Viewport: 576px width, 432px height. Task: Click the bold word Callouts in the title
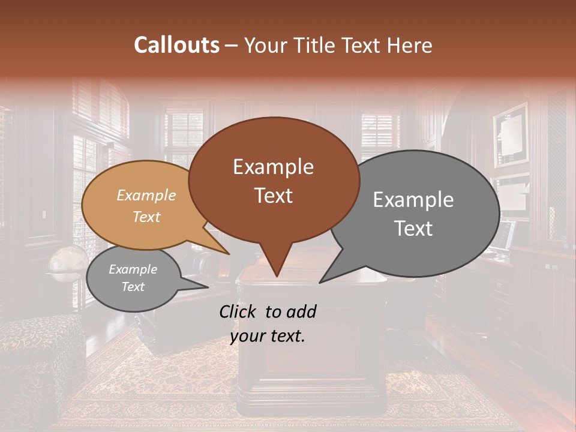[x=176, y=45]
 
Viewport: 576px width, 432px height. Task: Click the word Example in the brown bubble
[x=273, y=167]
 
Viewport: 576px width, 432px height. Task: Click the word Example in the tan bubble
[x=146, y=196]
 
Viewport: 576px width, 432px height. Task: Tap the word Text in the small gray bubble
[x=133, y=287]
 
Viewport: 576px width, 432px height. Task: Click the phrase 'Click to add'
[x=268, y=311]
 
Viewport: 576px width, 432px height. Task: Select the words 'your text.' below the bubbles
[x=268, y=336]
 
